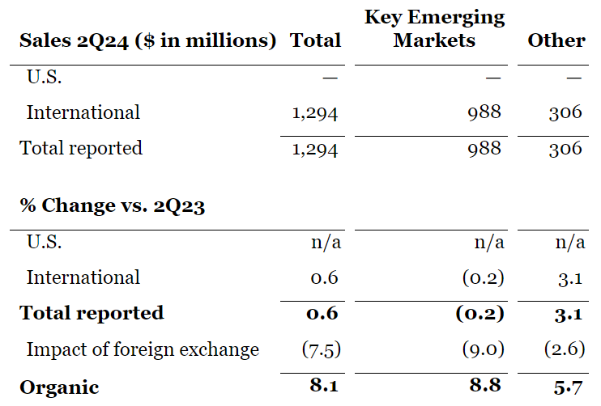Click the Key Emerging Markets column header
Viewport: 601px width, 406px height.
pos(434,28)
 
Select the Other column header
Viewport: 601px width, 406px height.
pos(556,40)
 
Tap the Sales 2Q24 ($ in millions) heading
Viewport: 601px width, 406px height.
pos(147,40)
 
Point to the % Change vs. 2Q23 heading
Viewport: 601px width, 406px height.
pos(112,205)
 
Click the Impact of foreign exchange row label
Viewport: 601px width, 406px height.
pos(143,349)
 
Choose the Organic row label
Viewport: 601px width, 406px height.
pos(59,387)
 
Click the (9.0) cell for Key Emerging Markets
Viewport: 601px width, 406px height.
pos(483,349)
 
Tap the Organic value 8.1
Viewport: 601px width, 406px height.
pos(323,386)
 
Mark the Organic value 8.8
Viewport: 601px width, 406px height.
pos(488,386)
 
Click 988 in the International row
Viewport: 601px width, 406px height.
pos(484,112)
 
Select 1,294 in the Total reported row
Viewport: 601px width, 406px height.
pos(314,148)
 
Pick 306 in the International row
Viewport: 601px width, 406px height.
pos(565,112)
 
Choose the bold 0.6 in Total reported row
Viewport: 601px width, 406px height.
pos(323,313)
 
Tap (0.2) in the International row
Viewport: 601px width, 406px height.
pos(483,277)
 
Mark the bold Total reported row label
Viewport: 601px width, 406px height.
pos(92,313)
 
